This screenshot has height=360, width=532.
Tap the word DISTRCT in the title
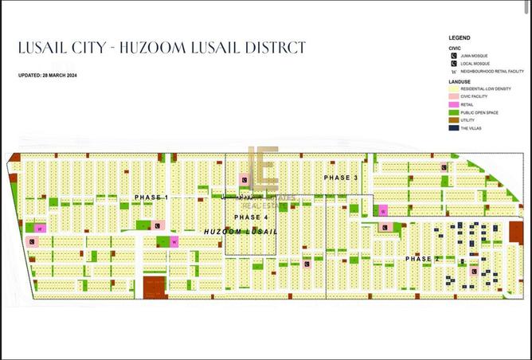(x=273, y=49)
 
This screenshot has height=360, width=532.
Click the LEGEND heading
(x=460, y=37)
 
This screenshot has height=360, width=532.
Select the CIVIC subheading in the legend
(x=456, y=48)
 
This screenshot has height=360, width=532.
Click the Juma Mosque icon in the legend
(x=453, y=55)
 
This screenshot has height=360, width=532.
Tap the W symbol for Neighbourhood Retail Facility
(x=453, y=71)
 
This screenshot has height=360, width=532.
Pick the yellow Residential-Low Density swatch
(x=453, y=88)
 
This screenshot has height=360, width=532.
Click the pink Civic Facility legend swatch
(x=453, y=96)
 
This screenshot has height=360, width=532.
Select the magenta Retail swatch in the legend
(x=453, y=104)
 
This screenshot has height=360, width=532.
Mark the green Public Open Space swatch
(x=453, y=112)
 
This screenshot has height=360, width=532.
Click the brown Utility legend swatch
(x=453, y=120)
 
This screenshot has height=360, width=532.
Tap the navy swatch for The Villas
(x=453, y=128)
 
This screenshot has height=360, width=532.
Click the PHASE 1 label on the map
(x=151, y=197)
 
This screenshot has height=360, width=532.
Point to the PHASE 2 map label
(x=423, y=259)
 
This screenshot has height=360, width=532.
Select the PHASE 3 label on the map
(x=341, y=177)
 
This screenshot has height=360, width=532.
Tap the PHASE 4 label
(x=251, y=217)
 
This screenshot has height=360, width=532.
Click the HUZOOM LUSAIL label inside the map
(x=240, y=231)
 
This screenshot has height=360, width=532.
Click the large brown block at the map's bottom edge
(x=155, y=287)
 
